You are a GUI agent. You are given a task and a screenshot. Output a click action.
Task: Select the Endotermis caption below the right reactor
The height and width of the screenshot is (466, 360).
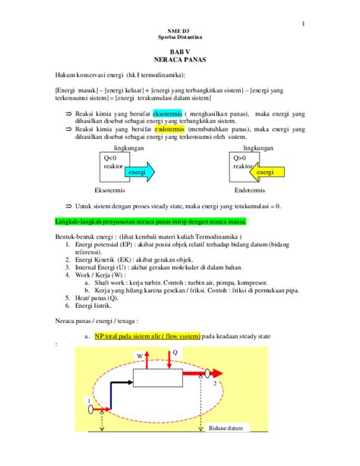point(251,189)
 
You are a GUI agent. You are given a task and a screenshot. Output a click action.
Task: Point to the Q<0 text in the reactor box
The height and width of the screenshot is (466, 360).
point(110,157)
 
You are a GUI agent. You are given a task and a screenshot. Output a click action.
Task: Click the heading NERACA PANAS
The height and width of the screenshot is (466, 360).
point(179,59)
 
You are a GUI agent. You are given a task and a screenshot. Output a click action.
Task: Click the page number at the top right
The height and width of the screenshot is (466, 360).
point(303,22)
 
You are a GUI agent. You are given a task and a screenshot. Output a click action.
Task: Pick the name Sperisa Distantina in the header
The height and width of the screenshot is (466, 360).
point(179,36)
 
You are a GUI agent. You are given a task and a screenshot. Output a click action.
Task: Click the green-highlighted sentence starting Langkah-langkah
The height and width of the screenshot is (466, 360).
point(156,221)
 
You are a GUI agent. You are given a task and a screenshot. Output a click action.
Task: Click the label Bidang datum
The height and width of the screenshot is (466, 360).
point(227,428)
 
